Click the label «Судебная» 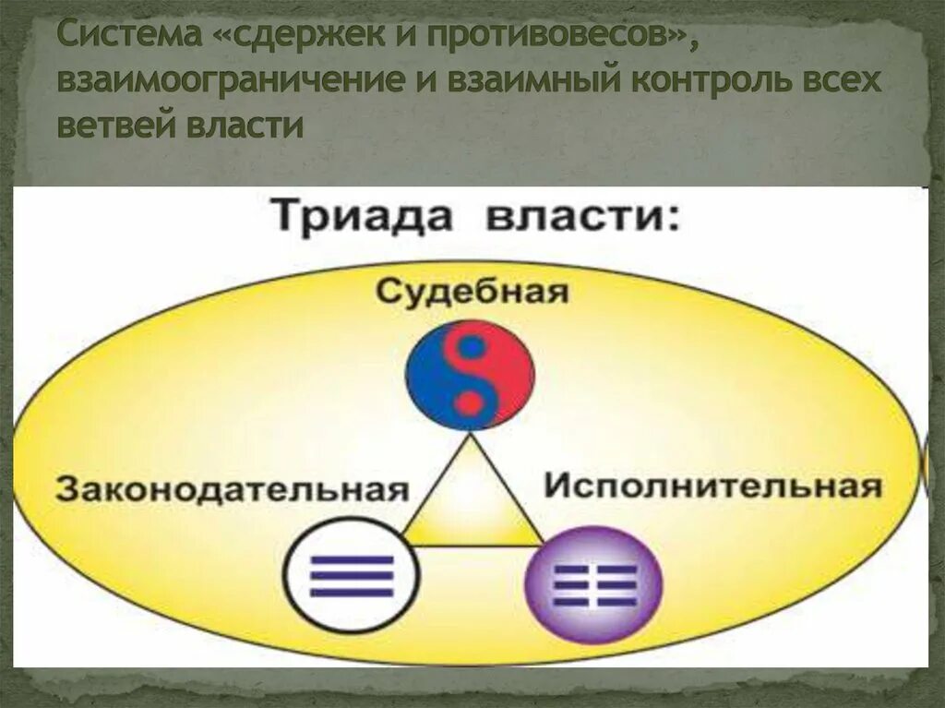(x=471, y=293)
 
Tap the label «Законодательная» (x=232, y=488)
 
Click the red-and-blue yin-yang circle (x=470, y=379)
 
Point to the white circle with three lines (x=351, y=575)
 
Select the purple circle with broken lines (x=593, y=583)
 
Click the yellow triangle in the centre (x=471, y=503)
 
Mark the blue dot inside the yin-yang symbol (x=472, y=349)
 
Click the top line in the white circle (x=351, y=559)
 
